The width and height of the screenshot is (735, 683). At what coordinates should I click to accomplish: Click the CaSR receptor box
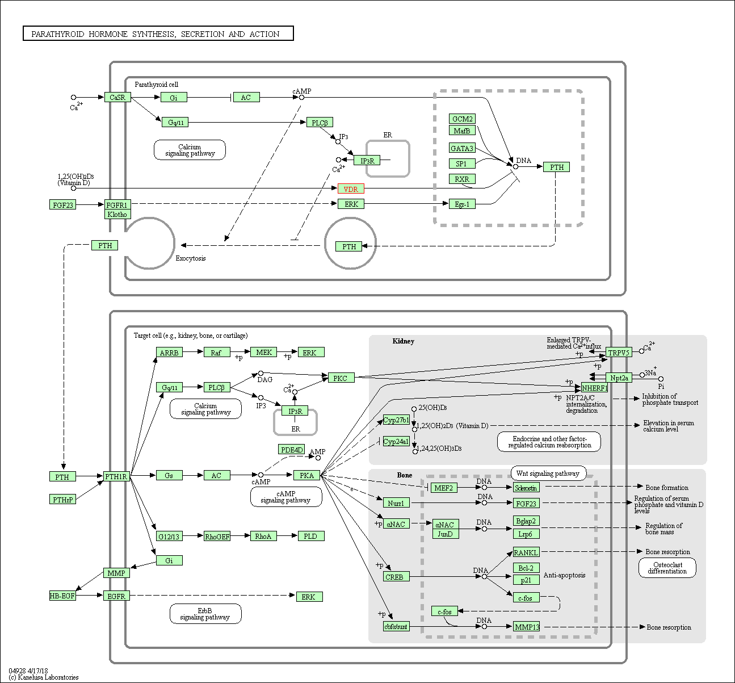(117, 98)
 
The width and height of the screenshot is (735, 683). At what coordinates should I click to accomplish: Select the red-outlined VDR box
(351, 189)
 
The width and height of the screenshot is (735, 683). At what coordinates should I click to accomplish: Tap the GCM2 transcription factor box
(462, 119)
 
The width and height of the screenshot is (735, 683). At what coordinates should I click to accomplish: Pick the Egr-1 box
(462, 204)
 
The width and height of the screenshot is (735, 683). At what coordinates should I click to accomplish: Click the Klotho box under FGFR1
(117, 215)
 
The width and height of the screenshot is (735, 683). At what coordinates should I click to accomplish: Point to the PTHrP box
(62, 500)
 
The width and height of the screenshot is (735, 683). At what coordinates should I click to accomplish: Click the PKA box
(306, 475)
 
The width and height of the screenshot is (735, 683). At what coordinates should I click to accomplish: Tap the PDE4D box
(292, 450)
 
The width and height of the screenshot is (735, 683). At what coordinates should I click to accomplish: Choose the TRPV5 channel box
(619, 353)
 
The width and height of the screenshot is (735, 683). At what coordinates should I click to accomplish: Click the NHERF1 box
(594, 388)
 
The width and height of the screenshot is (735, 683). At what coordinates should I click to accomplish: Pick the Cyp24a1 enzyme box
(396, 441)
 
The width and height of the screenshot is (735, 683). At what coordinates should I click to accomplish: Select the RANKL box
(526, 552)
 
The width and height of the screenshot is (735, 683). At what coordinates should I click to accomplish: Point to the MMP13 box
(527, 627)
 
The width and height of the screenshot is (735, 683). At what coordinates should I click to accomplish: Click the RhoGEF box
(217, 536)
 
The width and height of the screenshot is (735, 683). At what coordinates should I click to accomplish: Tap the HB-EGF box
(62, 596)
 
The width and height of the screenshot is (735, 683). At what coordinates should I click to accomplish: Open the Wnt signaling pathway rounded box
(548, 474)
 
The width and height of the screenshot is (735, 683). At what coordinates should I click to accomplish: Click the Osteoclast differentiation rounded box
(667, 568)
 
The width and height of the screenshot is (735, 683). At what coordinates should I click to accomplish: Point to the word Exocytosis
(191, 258)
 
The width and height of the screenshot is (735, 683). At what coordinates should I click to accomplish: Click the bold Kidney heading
(403, 341)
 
